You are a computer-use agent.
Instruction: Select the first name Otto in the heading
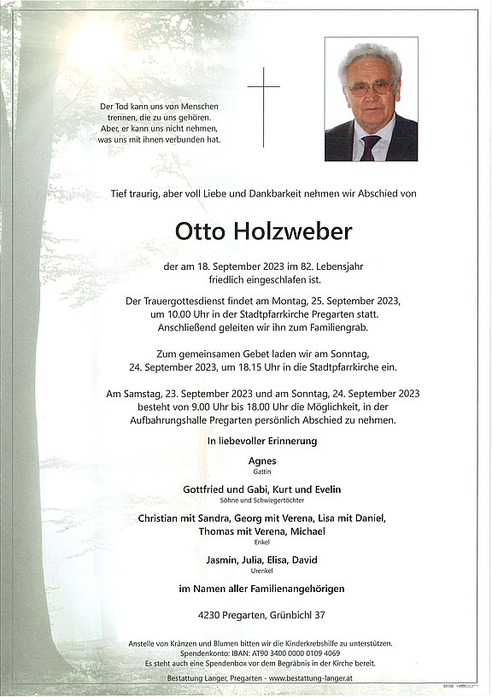(196, 231)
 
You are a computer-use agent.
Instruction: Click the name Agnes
(261, 460)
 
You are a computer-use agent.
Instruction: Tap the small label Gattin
(261, 471)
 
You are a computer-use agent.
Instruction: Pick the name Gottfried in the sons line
(208, 489)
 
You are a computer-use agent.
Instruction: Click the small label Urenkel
(261, 571)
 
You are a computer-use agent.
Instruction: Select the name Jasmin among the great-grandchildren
(221, 559)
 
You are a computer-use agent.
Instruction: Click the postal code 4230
(209, 615)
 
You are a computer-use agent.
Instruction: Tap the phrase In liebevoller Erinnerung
(261, 441)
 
